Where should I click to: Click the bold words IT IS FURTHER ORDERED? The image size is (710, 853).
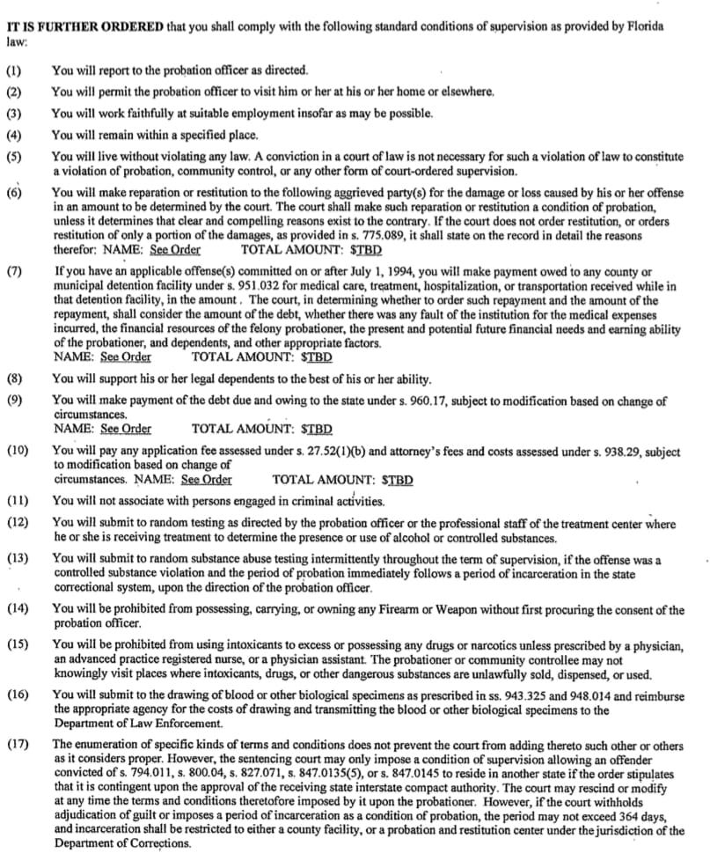(x=84, y=26)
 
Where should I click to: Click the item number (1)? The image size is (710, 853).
(x=15, y=70)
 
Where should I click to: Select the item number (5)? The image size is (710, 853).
(x=15, y=157)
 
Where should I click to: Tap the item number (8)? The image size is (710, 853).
(x=15, y=379)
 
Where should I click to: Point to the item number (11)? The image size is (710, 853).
(x=18, y=501)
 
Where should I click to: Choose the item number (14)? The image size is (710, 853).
(x=18, y=610)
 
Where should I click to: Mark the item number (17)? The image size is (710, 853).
(x=18, y=745)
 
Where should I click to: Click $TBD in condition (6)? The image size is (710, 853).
(x=364, y=249)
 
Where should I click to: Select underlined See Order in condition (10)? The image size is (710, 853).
(x=207, y=480)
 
